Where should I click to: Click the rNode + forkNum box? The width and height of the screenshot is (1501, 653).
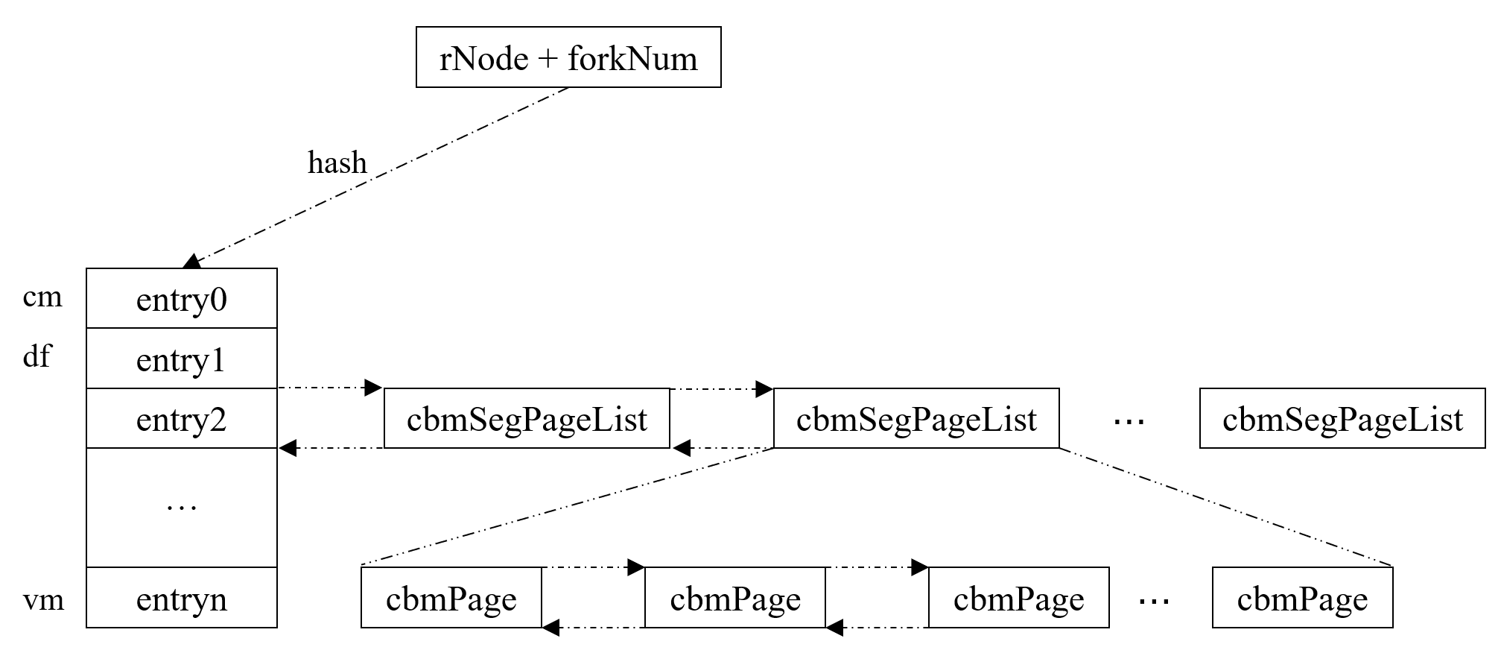pyautogui.click(x=568, y=57)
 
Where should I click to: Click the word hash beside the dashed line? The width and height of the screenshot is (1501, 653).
pyautogui.click(x=337, y=163)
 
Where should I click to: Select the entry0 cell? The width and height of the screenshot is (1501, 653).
pyautogui.click(x=182, y=299)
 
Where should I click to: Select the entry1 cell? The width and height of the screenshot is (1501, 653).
pyautogui.click(x=182, y=359)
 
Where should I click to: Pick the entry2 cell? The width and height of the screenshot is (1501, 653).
pyautogui.click(x=182, y=419)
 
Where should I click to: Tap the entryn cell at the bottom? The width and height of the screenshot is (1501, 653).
pyautogui.click(x=182, y=598)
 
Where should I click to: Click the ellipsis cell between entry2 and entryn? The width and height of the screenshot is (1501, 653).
pyautogui.click(x=182, y=508)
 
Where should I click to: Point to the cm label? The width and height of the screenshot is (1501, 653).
pyautogui.click(x=42, y=297)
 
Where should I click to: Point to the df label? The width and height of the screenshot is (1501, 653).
pyautogui.click(x=37, y=356)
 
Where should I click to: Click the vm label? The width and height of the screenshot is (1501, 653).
pyautogui.click(x=43, y=599)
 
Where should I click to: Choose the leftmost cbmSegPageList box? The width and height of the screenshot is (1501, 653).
pyautogui.click(x=527, y=419)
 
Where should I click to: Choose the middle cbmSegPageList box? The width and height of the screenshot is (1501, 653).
pyautogui.click(x=916, y=419)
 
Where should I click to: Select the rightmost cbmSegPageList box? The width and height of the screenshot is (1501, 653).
pyautogui.click(x=1342, y=419)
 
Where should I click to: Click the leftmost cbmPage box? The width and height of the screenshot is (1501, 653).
pyautogui.click(x=451, y=598)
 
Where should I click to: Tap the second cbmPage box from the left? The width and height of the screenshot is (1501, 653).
pyautogui.click(x=734, y=598)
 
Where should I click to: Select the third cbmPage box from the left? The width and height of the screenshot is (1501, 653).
pyautogui.click(x=1018, y=598)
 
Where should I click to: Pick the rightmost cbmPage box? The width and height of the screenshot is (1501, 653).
pyautogui.click(x=1302, y=598)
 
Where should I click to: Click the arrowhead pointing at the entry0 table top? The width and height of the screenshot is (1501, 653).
pyautogui.click(x=192, y=261)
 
